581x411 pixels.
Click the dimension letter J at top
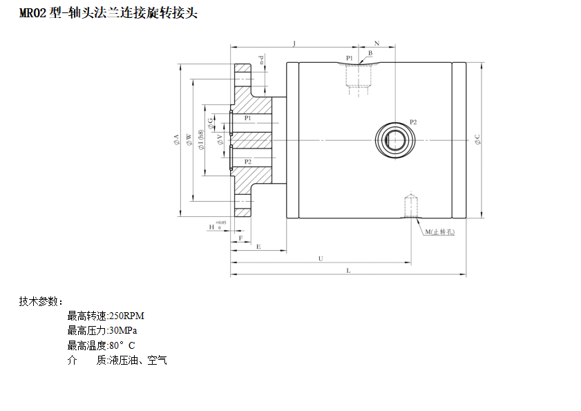point(294,43)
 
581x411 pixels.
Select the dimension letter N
point(377,43)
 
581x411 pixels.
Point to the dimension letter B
point(370,52)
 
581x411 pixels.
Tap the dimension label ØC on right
point(477,140)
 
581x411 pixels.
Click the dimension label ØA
point(177,140)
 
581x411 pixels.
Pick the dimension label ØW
point(189,140)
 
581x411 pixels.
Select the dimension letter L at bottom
point(348,271)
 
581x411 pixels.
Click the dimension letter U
point(321,258)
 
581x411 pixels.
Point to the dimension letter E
point(258,246)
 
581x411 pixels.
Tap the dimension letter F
point(240,237)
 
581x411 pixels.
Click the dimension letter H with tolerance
point(213,227)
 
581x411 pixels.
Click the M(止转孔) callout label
point(439,232)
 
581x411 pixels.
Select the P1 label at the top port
point(350,57)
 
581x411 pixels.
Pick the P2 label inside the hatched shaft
point(247,161)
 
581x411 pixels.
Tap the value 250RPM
point(127,316)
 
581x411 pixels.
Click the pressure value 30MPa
point(123,330)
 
